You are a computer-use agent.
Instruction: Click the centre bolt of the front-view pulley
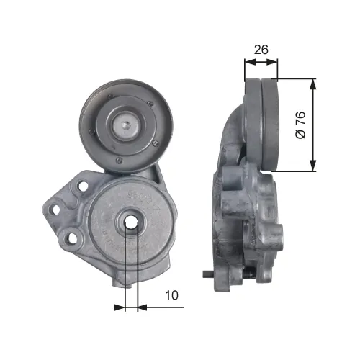coord(126,125)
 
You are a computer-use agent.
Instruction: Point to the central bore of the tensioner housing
coord(131,223)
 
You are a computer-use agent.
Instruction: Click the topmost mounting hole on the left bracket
coord(82,186)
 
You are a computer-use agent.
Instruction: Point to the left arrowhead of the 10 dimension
coord(120,307)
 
